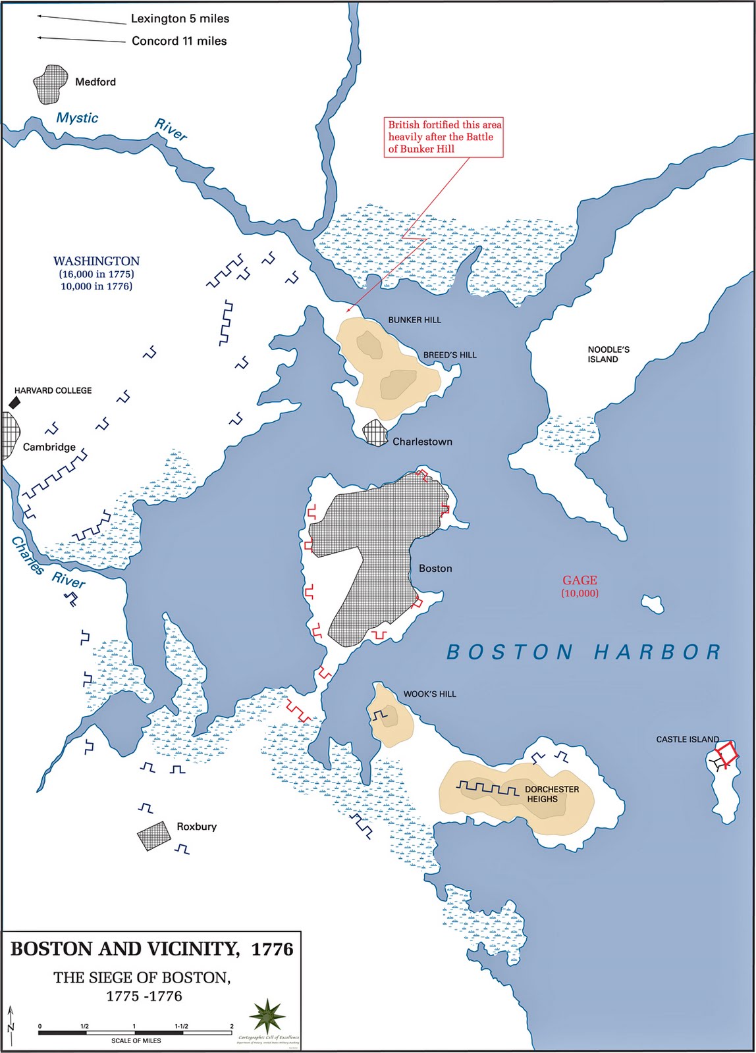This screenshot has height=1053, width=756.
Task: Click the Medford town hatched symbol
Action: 51,84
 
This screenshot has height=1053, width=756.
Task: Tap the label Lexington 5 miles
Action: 179,18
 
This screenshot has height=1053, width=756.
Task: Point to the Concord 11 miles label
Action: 179,41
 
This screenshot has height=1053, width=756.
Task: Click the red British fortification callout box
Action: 444,137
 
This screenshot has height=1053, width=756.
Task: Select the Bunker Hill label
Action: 414,320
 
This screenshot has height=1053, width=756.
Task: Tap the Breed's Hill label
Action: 450,355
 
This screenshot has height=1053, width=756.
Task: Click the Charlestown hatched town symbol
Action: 375,433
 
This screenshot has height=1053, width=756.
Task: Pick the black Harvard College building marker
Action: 14,402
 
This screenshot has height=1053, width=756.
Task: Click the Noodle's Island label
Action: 608,354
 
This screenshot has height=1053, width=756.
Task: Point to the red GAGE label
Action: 580,580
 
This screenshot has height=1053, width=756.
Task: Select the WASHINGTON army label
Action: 96,261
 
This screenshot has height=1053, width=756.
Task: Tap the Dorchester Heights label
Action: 551,794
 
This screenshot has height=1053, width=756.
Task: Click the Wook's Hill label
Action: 429,694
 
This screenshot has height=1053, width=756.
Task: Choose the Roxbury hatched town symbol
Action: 153,836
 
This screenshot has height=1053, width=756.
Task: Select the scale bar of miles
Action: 135,1033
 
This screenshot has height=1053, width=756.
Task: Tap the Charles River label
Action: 46,563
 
